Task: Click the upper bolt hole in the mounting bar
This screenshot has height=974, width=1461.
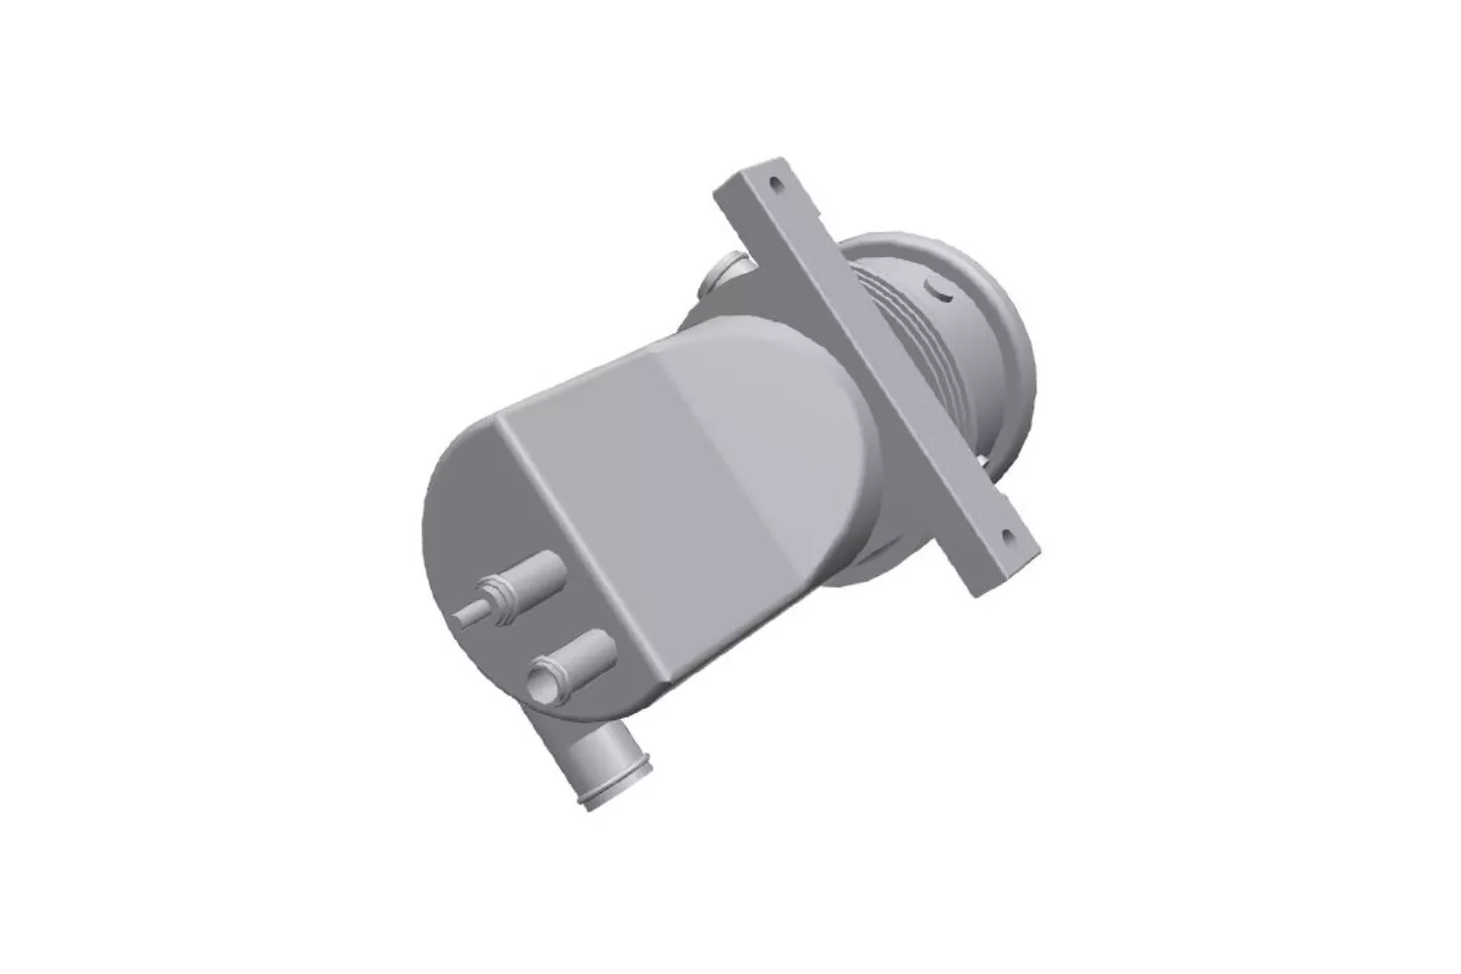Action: coord(776,182)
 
